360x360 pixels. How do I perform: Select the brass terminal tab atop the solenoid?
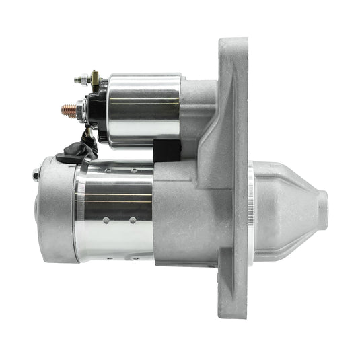click(x=94, y=75)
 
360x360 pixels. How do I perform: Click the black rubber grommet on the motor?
click(x=69, y=156)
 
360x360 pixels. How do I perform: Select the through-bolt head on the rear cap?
click(x=35, y=176)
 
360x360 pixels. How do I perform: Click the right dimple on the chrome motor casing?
click(x=133, y=220)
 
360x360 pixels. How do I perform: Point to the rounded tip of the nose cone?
click(x=323, y=210)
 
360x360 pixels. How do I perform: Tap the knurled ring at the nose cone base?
click(x=251, y=210)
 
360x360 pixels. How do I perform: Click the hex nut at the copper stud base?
click(x=79, y=108)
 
